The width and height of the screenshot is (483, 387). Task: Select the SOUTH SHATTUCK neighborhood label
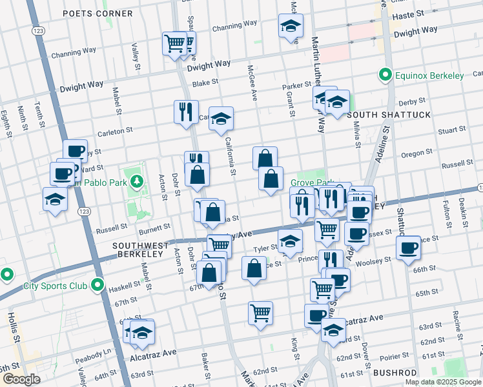tap(379, 115)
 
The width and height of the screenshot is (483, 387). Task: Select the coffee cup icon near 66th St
tap(408, 248)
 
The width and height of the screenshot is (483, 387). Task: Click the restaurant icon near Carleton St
tap(186, 112)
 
